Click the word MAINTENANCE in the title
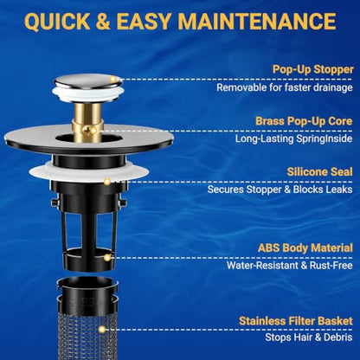257,21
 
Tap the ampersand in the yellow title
103,21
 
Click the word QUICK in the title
57,22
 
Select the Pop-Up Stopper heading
313,69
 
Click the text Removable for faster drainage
285,87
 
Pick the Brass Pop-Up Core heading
304,121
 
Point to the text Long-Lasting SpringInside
294,138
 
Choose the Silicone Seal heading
320,172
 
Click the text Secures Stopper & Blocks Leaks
280,190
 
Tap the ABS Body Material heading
305,248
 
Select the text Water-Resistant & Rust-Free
290,266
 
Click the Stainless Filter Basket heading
296,321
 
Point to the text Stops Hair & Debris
309,337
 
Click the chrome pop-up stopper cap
87,81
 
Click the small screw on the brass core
87,131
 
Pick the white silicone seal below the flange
89,172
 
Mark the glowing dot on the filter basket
101,329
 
